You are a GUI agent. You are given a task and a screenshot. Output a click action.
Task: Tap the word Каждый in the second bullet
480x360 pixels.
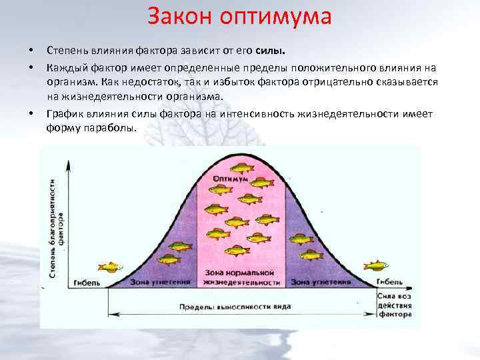(x=65, y=67)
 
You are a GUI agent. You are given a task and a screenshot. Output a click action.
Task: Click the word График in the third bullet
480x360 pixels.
(x=64, y=114)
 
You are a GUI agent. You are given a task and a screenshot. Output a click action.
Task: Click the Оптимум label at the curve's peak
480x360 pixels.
(x=239, y=181)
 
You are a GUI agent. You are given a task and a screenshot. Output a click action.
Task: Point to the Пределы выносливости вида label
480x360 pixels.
(x=235, y=307)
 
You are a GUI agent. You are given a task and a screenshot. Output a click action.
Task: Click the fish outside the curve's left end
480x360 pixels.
(x=110, y=267)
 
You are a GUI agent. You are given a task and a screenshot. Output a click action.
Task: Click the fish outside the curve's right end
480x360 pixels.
(x=376, y=265)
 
